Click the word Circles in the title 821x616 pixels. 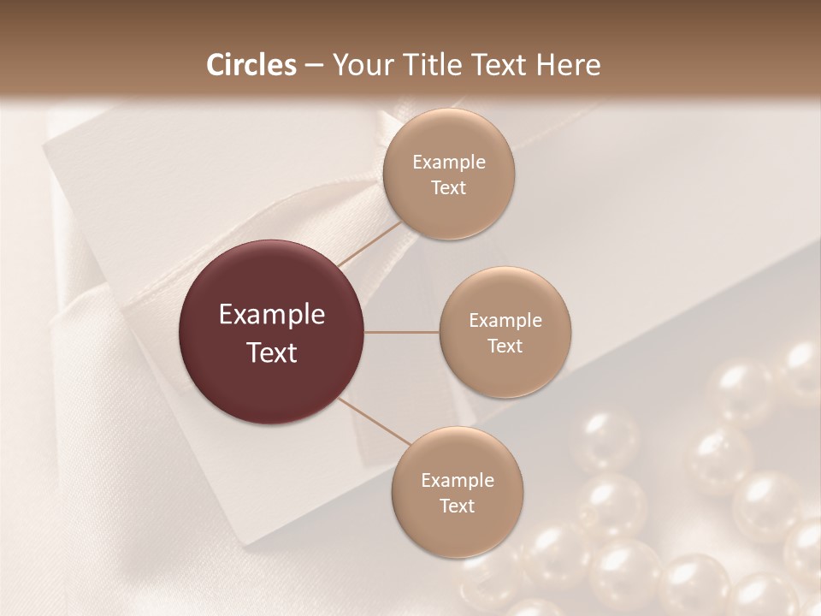(x=251, y=65)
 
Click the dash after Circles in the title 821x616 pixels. (x=314, y=66)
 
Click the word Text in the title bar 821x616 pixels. (x=505, y=65)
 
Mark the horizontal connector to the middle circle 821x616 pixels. (x=402, y=332)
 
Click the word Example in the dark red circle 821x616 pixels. (x=272, y=315)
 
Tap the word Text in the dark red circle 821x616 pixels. (x=272, y=352)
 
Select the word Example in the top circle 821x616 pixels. (x=449, y=163)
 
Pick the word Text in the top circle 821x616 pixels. (x=449, y=188)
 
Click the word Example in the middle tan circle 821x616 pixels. (x=505, y=321)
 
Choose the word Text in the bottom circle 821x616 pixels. (x=458, y=506)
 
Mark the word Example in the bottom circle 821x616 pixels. (x=458, y=481)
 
